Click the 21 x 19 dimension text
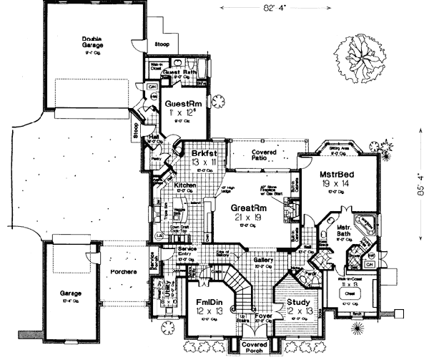point(249,218)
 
